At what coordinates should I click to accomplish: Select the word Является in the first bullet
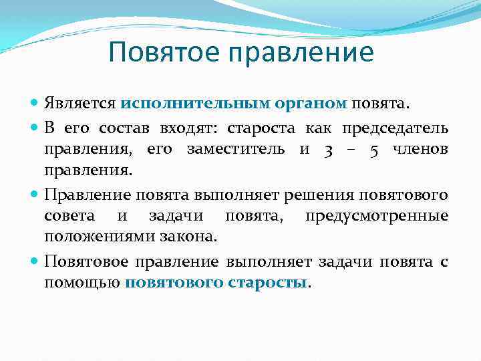80,104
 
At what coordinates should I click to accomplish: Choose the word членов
422,150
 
